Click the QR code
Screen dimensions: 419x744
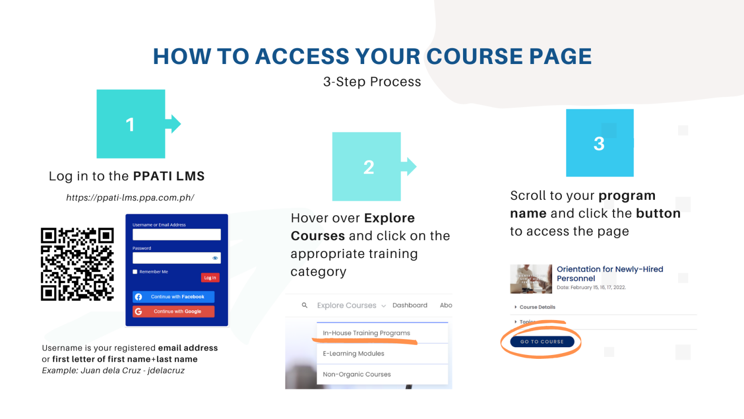77,264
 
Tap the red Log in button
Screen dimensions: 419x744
210,278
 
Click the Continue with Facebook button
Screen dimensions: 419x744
173,297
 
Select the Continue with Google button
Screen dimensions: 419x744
173,311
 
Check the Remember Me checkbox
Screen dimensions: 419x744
135,272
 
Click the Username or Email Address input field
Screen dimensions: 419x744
176,235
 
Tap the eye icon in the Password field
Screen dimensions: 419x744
215,258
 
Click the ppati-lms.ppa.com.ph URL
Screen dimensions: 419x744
130,198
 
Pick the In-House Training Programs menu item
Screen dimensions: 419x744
366,333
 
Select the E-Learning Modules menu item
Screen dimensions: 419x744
354,354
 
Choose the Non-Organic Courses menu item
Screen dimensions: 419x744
357,374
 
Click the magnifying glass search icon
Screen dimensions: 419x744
305,306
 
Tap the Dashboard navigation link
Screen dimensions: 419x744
410,306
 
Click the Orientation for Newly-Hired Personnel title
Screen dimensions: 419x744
609,274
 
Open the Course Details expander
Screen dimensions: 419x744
537,307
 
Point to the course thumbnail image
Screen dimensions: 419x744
531,279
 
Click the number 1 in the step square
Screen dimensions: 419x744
130,125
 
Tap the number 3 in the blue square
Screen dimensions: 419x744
599,144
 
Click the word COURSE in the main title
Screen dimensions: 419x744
473,56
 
